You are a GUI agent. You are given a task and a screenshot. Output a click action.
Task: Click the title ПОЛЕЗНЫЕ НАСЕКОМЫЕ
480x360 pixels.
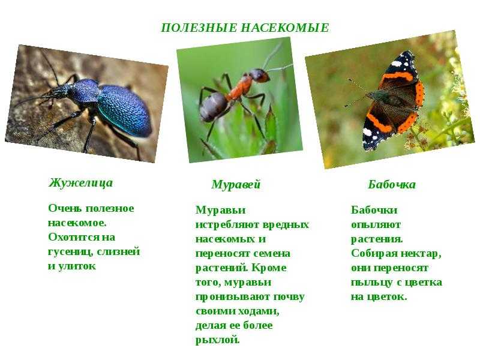pos(245,28)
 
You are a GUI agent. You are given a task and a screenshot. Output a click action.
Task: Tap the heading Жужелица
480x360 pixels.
pos(80,183)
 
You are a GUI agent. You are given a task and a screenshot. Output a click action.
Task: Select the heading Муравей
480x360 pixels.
pos(236,185)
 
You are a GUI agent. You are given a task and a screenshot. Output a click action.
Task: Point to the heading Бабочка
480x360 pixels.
pos(392,184)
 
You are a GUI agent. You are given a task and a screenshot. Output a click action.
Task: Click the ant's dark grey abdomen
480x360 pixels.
pos(213,107)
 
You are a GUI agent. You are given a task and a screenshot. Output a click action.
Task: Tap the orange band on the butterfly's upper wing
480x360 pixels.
pos(395,78)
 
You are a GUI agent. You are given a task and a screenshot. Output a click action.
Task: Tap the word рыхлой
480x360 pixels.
pos(217,340)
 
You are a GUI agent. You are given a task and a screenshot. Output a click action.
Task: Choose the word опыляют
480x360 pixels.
pos(376,225)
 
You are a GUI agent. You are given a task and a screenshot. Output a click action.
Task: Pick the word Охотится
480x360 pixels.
pos(70,237)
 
